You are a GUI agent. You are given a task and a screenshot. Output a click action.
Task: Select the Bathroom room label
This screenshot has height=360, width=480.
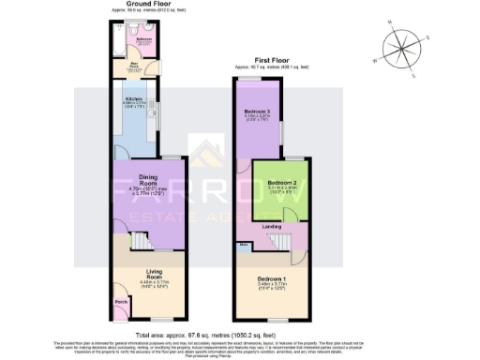coord(142,40)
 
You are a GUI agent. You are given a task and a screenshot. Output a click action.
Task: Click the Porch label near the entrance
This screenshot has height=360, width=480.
coord(121,302)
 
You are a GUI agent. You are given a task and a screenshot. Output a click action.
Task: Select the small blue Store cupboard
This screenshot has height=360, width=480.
coord(243,245)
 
